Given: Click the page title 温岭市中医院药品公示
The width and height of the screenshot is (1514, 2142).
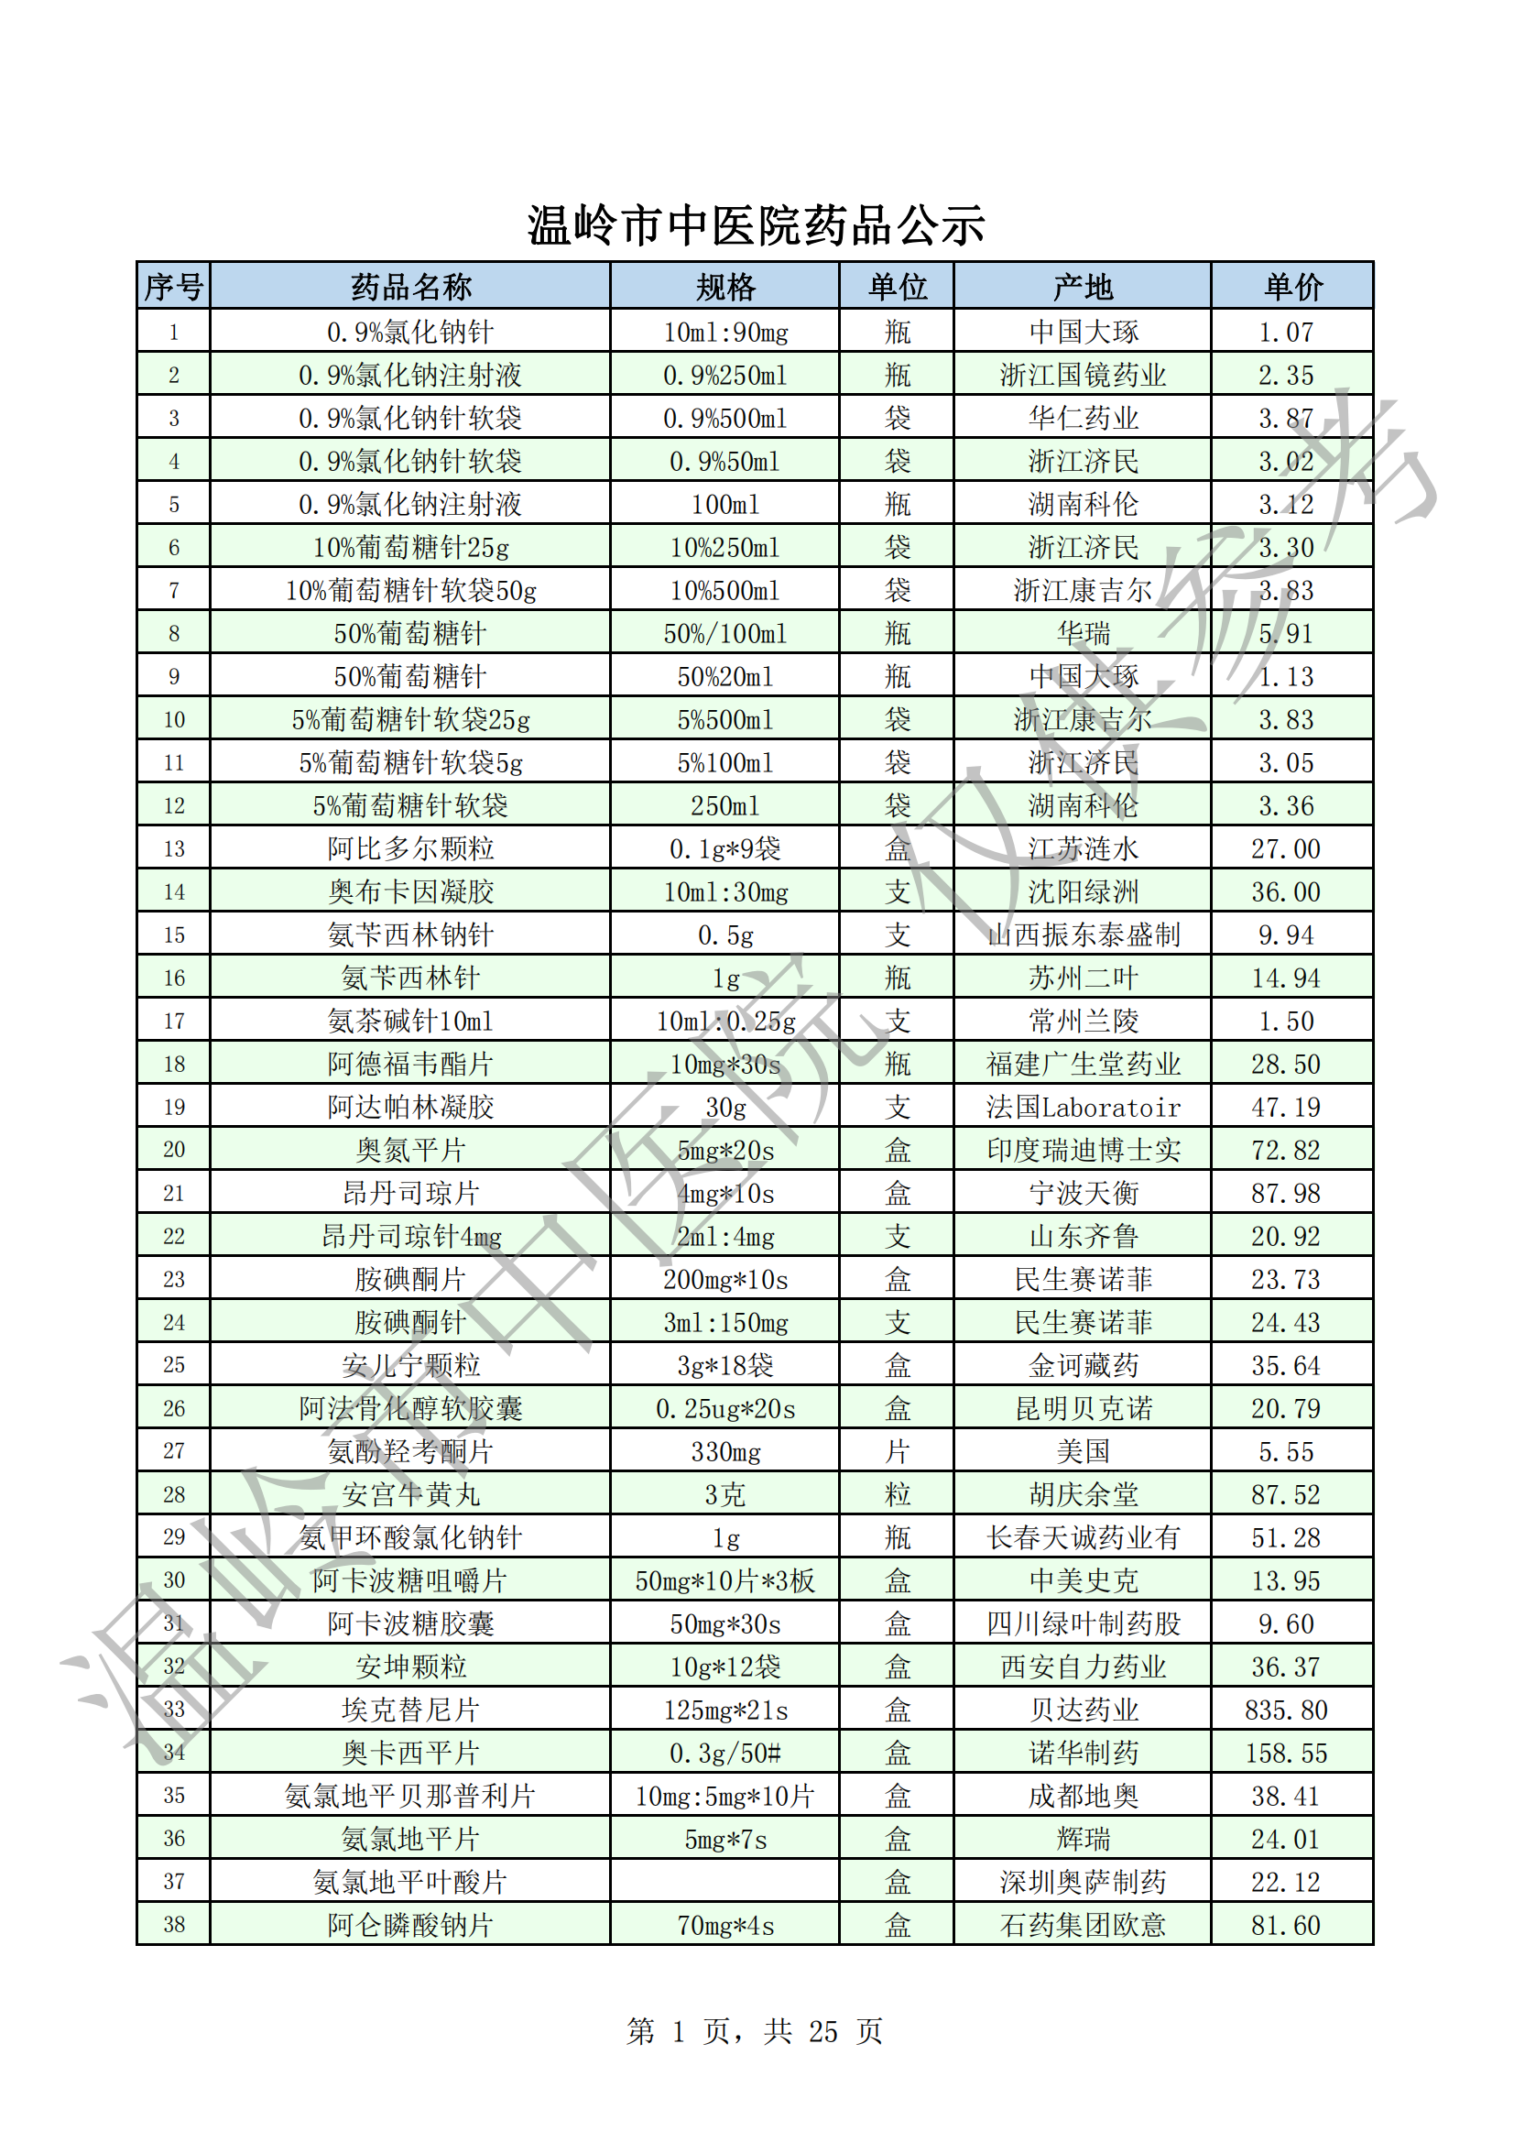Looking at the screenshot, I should pyautogui.click(x=756, y=225).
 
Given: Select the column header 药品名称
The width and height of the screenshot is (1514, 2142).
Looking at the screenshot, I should pyautogui.click(x=410, y=287).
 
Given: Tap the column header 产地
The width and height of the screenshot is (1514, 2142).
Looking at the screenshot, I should pyautogui.click(x=1082, y=287).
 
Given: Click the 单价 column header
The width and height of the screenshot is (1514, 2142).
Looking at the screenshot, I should pyautogui.click(x=1292, y=287).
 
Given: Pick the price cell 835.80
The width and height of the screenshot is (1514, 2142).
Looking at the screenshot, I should pyautogui.click(x=1285, y=1710).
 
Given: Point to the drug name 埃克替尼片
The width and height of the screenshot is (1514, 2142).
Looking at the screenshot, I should pyautogui.click(x=410, y=1710).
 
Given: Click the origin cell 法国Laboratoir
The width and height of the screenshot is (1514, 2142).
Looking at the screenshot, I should pyautogui.click(x=1082, y=1108).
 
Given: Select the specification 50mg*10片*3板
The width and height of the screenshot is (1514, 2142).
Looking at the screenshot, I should pyautogui.click(x=724, y=1581).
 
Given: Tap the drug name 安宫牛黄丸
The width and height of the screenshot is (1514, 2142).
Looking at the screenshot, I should pyautogui.click(x=410, y=1494).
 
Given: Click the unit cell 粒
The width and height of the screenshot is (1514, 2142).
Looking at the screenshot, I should pyautogui.click(x=897, y=1494).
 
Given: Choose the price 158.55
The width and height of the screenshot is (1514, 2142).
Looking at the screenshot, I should pyautogui.click(x=1285, y=1753).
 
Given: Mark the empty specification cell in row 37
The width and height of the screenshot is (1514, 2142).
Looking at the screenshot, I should pyautogui.click(x=724, y=1882).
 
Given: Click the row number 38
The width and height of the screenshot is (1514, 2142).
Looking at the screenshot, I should pyautogui.click(x=174, y=1925).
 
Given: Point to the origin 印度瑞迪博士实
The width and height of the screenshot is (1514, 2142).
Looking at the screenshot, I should pyautogui.click(x=1082, y=1151).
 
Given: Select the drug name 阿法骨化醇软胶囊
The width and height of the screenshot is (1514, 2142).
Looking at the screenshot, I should pyautogui.click(x=410, y=1409).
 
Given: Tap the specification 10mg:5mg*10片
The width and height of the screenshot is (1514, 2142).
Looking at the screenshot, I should pyautogui.click(x=724, y=1796).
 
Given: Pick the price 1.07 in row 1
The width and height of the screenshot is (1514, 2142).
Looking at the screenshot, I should pyautogui.click(x=1285, y=333).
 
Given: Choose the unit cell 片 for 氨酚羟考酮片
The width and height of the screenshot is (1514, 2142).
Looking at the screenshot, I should pyautogui.click(x=897, y=1451).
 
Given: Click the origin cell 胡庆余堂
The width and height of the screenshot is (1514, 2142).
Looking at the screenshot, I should pyautogui.click(x=1082, y=1494).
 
